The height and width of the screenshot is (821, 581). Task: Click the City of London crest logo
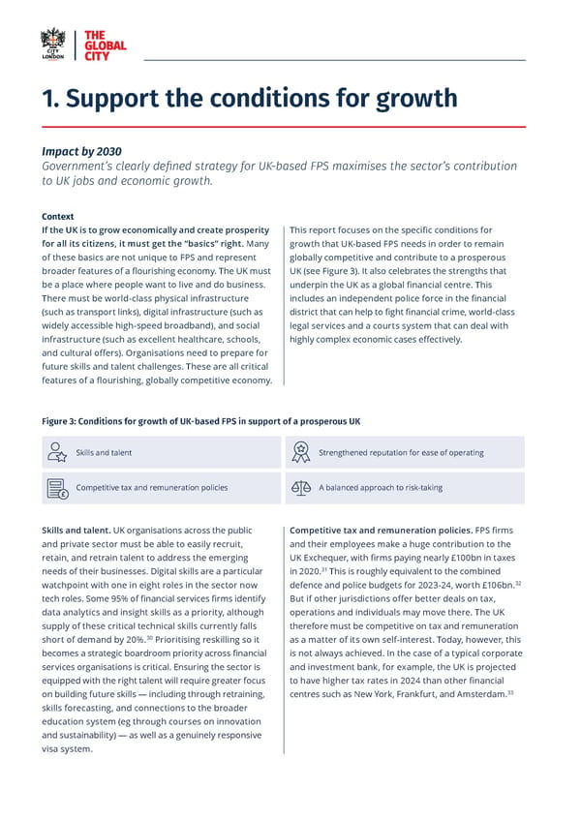coord(53,45)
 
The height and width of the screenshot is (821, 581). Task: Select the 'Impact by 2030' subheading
coord(81,151)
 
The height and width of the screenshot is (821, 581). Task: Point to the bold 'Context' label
coord(58,216)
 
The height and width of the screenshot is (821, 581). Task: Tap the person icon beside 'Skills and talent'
coord(56,451)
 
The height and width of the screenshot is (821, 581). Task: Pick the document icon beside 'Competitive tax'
coord(56,487)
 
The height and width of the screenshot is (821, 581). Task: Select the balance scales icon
coord(300,487)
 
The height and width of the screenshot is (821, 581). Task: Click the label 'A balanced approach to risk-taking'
coord(381,487)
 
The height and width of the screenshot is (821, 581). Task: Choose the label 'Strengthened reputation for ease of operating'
coord(401,452)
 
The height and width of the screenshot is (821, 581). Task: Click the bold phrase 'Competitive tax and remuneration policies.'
coord(381,531)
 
